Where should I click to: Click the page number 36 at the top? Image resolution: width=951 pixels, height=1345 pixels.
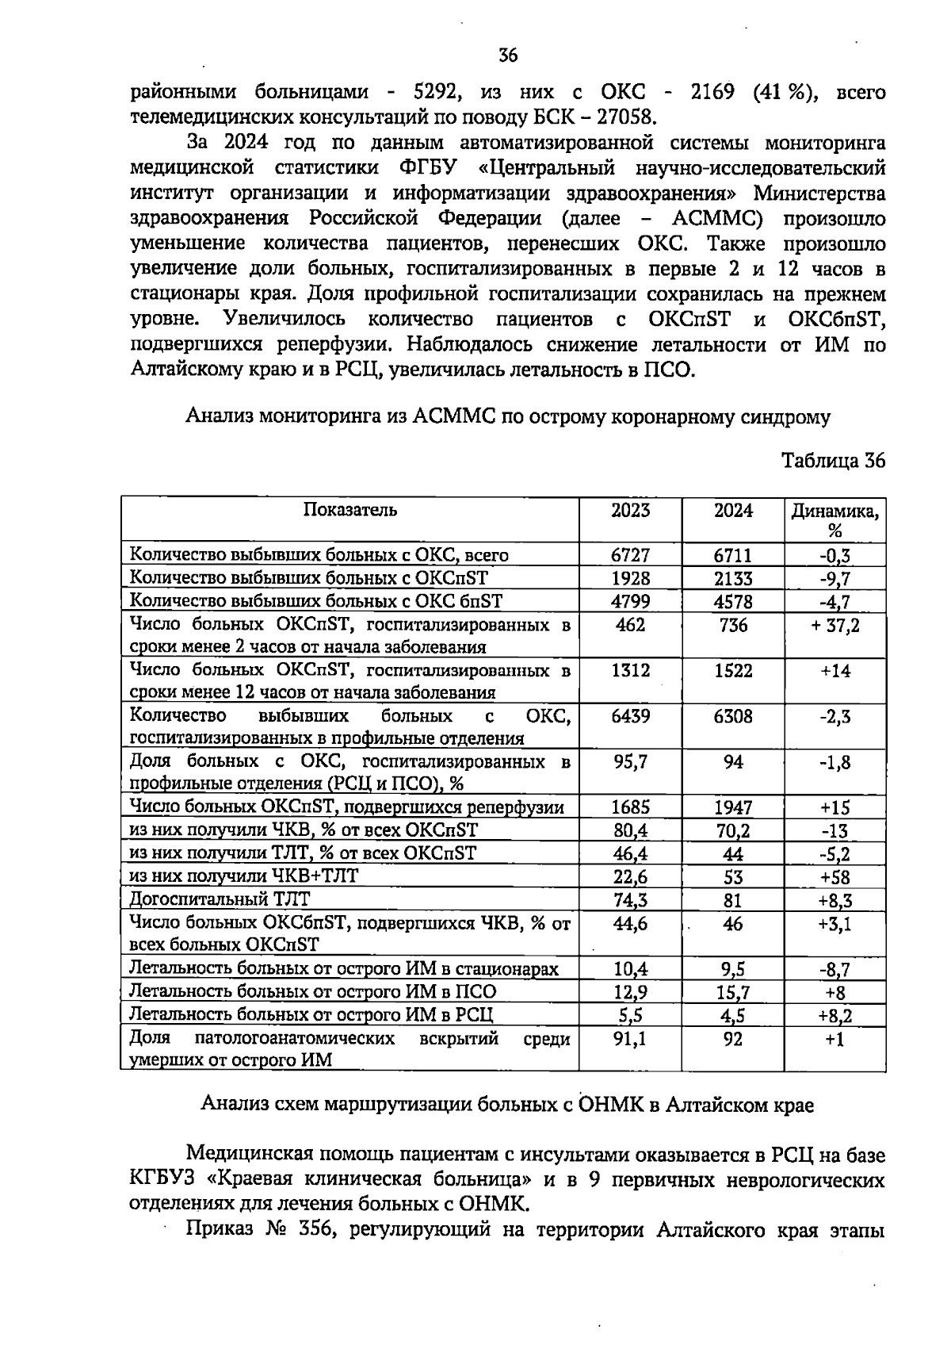[508, 56]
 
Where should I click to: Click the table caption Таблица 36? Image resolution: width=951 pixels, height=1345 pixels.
[833, 462]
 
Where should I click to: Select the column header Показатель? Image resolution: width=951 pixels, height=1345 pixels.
[349, 510]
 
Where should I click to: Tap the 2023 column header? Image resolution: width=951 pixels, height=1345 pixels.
[630, 511]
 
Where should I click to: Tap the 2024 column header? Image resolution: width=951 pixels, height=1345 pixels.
[733, 511]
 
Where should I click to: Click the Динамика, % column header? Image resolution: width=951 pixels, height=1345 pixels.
[835, 520]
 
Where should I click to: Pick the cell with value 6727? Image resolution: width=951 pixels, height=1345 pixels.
[630, 556]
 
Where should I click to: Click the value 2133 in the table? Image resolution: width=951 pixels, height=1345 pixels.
[733, 579]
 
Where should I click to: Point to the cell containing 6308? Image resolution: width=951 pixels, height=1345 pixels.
[733, 717]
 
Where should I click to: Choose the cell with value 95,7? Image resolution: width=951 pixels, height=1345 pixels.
[630, 762]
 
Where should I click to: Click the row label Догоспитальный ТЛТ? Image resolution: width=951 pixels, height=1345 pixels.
[220, 899]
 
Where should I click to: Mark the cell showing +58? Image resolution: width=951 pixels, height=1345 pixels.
[835, 877]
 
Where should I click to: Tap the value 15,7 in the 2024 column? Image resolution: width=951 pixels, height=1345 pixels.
[733, 991]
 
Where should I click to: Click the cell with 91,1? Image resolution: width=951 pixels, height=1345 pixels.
[630, 1038]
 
